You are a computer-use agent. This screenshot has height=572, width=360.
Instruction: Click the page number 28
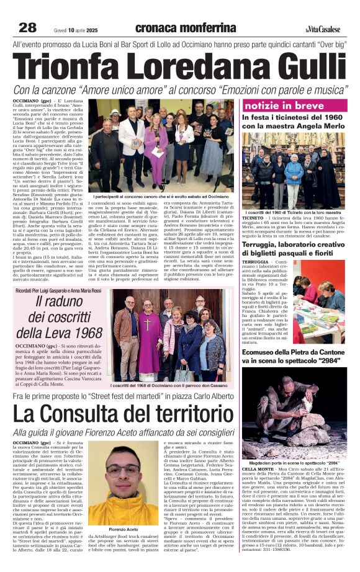click(x=28, y=27)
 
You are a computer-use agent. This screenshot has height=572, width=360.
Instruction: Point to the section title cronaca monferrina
click(x=185, y=28)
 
